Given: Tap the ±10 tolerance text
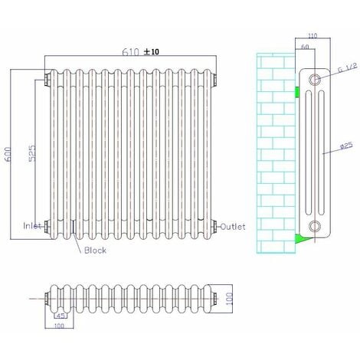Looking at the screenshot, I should point(152,52).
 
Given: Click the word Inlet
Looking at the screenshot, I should point(32,226).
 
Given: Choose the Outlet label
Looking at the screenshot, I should point(232,227).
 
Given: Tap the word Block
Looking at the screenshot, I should point(95,250).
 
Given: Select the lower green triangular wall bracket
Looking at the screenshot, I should point(301,239).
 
